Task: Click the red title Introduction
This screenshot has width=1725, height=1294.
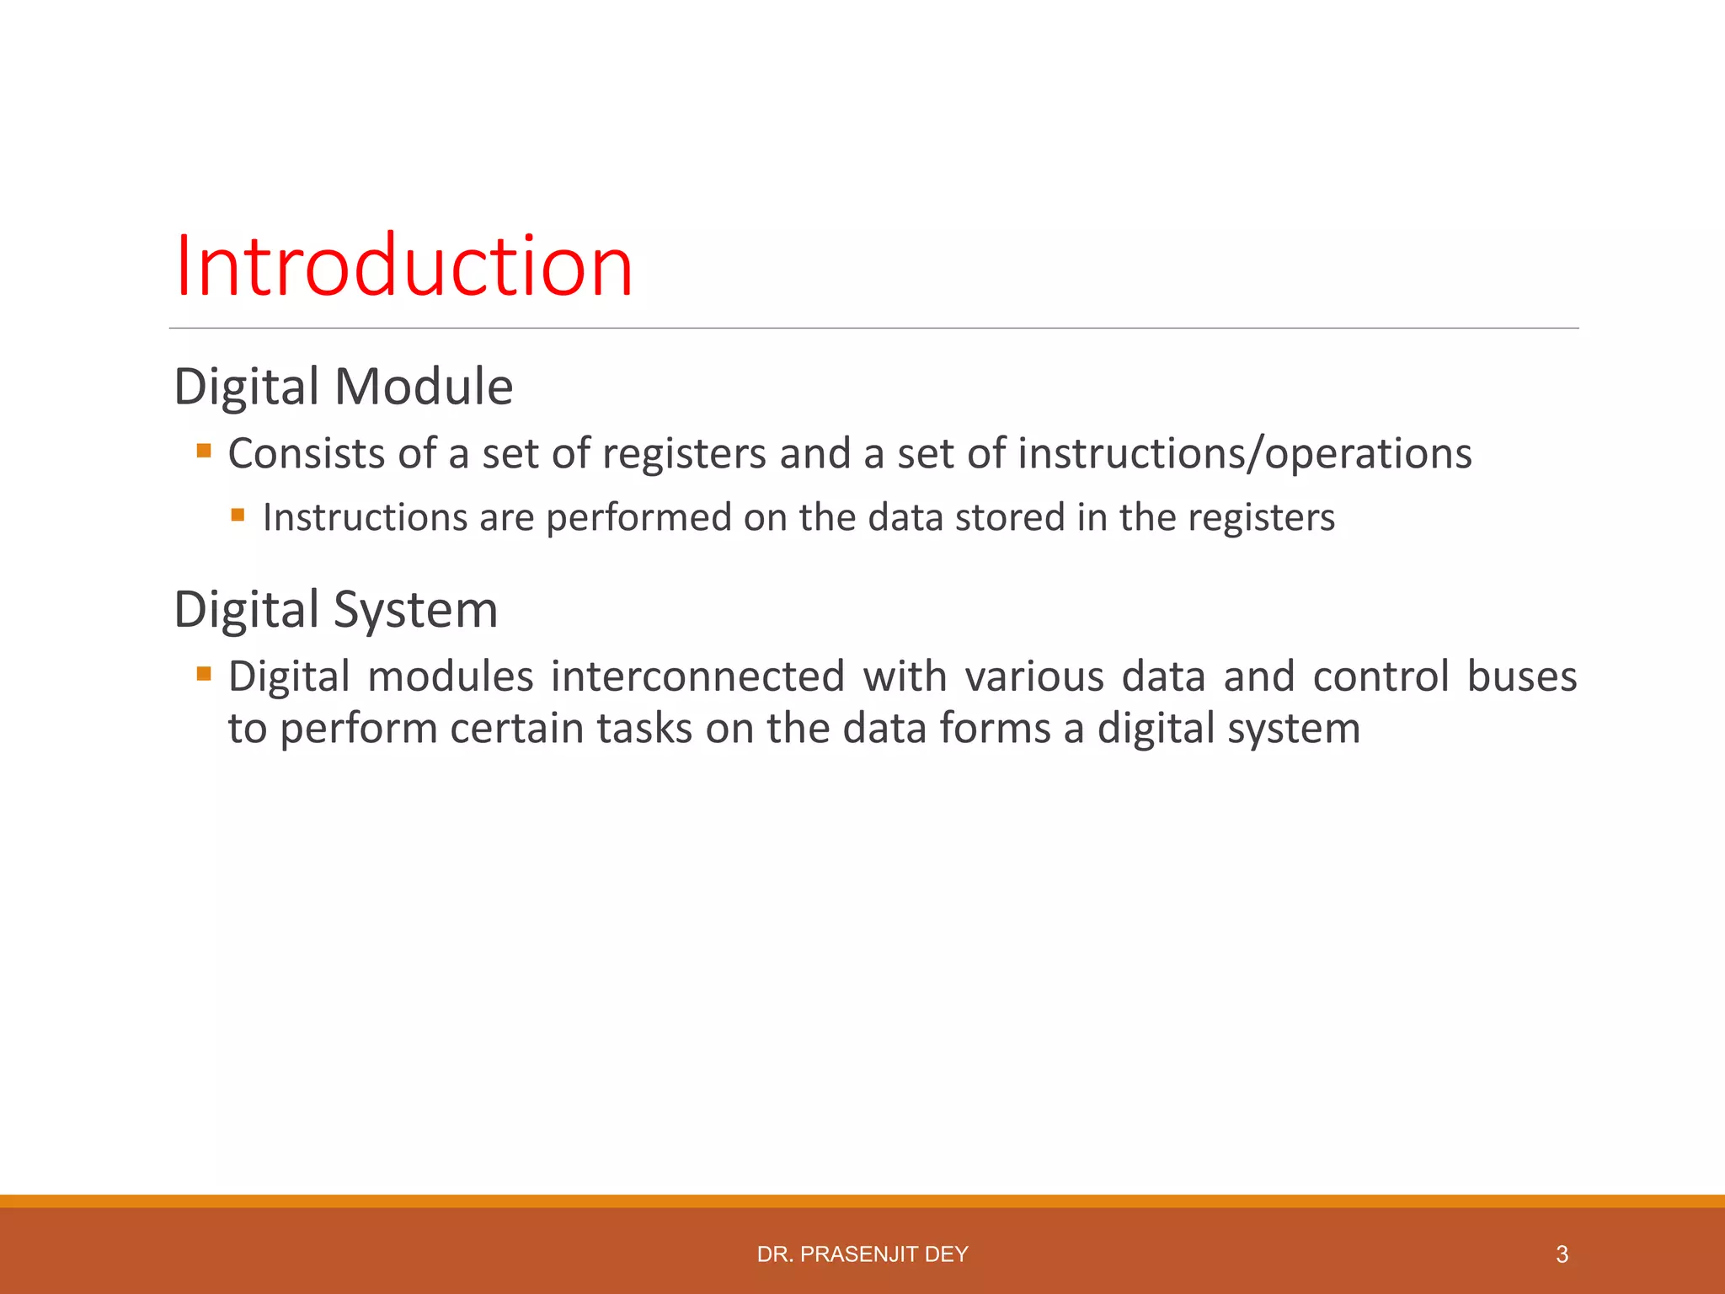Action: (x=403, y=266)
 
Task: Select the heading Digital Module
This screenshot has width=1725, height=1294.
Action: (x=343, y=387)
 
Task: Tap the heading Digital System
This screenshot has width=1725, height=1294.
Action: (x=335, y=609)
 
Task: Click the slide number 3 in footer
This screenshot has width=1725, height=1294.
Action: (x=1562, y=1254)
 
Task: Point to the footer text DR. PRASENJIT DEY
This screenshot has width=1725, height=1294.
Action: (x=862, y=1254)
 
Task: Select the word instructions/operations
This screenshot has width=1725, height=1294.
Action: (x=1245, y=453)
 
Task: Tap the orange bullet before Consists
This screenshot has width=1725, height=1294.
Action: (x=204, y=451)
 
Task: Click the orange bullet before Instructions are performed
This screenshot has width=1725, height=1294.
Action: (x=238, y=515)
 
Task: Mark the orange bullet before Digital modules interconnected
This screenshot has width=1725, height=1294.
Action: (x=204, y=674)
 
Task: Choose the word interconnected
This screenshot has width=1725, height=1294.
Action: (x=697, y=676)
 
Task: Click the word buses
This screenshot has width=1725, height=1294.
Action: (x=1521, y=676)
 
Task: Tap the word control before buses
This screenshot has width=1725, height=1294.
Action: (x=1381, y=676)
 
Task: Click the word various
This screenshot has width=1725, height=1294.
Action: (x=1033, y=676)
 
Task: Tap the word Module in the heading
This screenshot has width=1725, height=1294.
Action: (x=424, y=387)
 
